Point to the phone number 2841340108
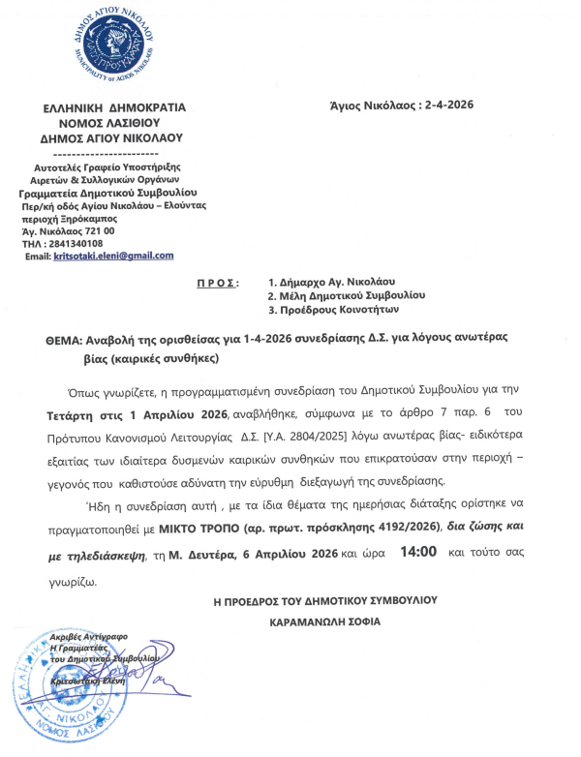coord(72,243)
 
